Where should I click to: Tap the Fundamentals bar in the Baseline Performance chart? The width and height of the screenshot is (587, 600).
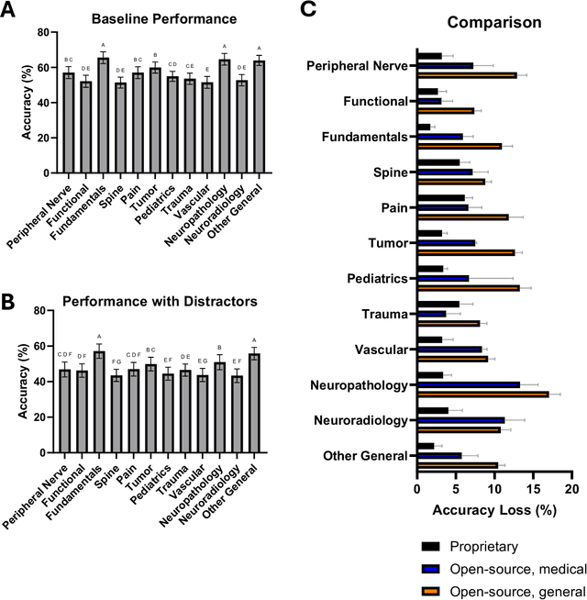pos(104,116)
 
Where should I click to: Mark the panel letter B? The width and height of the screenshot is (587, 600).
pos(9,299)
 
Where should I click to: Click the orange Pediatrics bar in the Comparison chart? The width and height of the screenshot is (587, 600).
pos(468,287)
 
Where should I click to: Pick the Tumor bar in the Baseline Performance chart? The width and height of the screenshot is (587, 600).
pos(155,121)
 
